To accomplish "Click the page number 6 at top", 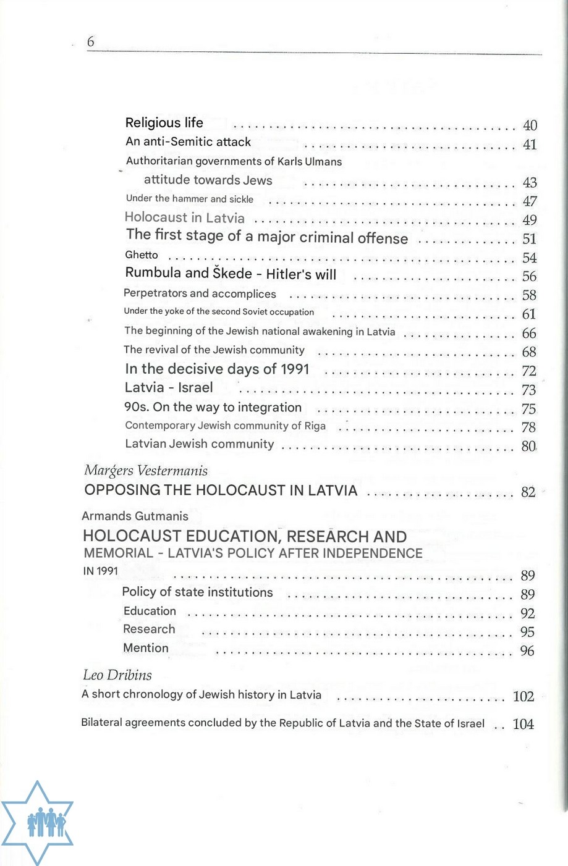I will pos(91,42).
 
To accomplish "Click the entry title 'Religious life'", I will pos(164,123).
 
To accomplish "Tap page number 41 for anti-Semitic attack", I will pos(530,145).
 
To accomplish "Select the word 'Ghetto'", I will pos(142,255).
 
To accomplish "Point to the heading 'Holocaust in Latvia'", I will pos(184,217).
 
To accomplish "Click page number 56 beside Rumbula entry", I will pos(529,277).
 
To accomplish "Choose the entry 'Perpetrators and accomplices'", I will pos(200,294).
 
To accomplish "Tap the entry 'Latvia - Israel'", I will pos(169,388).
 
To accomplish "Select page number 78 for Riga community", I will pos(528,427).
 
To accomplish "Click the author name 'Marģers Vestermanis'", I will pos(146,471).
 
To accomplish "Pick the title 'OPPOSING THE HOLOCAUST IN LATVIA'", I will pos(221,490).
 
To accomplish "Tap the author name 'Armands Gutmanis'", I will pos(135,516).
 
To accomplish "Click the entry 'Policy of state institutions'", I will pos(197,592).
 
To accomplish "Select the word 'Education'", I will pos(150,612).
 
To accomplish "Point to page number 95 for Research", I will pos(527,632).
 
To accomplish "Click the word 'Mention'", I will pos(146,649).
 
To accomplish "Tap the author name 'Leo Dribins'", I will pos(117,675).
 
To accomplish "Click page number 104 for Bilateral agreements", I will pos(523,725).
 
